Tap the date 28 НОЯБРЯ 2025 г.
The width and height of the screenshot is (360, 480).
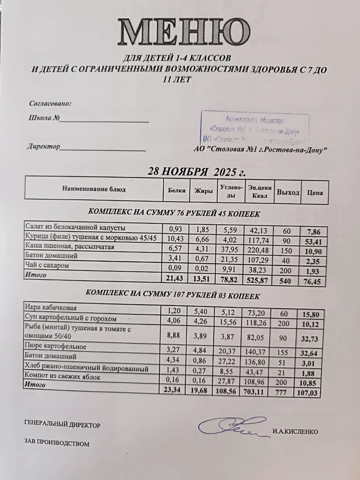point(196,172)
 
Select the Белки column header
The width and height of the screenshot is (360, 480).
point(176,191)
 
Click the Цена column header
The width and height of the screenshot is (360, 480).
point(315,192)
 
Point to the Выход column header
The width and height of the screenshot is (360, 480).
point(288,192)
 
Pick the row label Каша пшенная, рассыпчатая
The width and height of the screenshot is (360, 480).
point(69,247)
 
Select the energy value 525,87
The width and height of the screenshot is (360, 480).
point(258,280)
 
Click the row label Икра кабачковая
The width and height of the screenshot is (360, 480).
point(51,308)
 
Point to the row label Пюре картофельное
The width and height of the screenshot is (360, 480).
point(55,346)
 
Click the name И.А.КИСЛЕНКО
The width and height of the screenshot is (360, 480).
point(295,432)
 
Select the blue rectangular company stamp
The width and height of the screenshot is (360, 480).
point(255,129)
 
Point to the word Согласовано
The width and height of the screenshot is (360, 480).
point(50,104)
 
